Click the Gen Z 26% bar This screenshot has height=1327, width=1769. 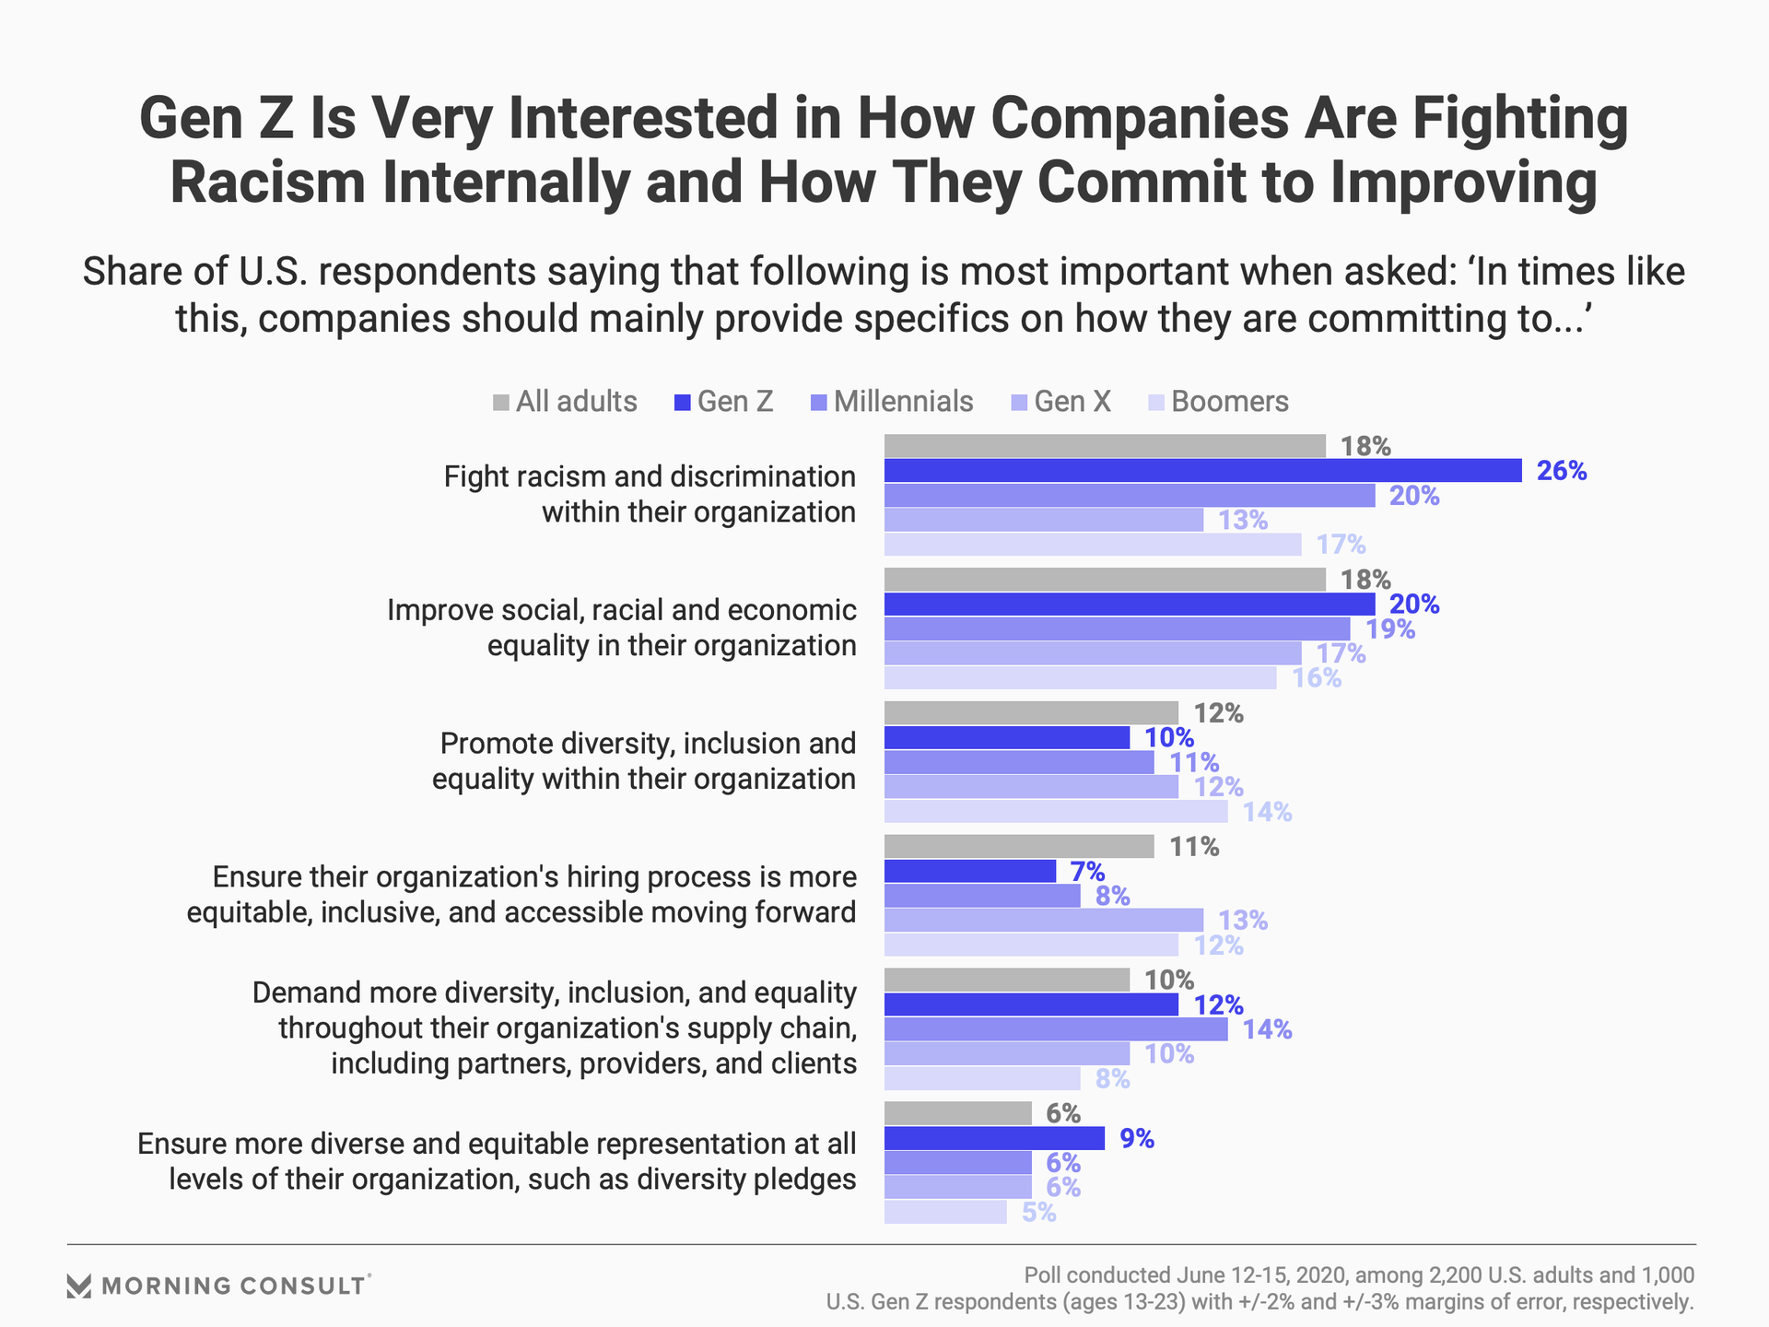pyautogui.click(x=1202, y=471)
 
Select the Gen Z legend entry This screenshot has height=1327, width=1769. pyautogui.click(x=724, y=402)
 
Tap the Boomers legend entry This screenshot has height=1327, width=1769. pyautogui.click(x=1218, y=402)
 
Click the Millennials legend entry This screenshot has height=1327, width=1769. pyautogui.click(x=892, y=402)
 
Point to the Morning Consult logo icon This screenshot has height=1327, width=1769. pyautogui.click(x=79, y=1286)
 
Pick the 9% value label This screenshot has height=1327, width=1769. pyautogui.click(x=1137, y=1139)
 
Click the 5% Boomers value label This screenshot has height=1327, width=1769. pyautogui.click(x=1038, y=1213)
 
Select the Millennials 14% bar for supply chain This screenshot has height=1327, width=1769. pyautogui.click(x=1056, y=1029)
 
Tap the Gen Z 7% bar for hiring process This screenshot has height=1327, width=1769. pyautogui.click(x=970, y=871)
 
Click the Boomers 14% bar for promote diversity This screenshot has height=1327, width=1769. pyautogui.click(x=1056, y=812)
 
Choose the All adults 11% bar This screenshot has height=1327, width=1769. pyautogui.click(x=1019, y=847)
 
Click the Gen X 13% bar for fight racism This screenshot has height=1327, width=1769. pyautogui.click(x=1044, y=520)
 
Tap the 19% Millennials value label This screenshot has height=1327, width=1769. pyautogui.click(x=1390, y=629)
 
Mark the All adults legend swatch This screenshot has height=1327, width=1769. pyautogui.click(x=501, y=403)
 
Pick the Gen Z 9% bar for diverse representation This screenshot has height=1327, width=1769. pyautogui.click(x=994, y=1139)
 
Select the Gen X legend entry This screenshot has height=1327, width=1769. pyautogui.click(x=1061, y=402)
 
